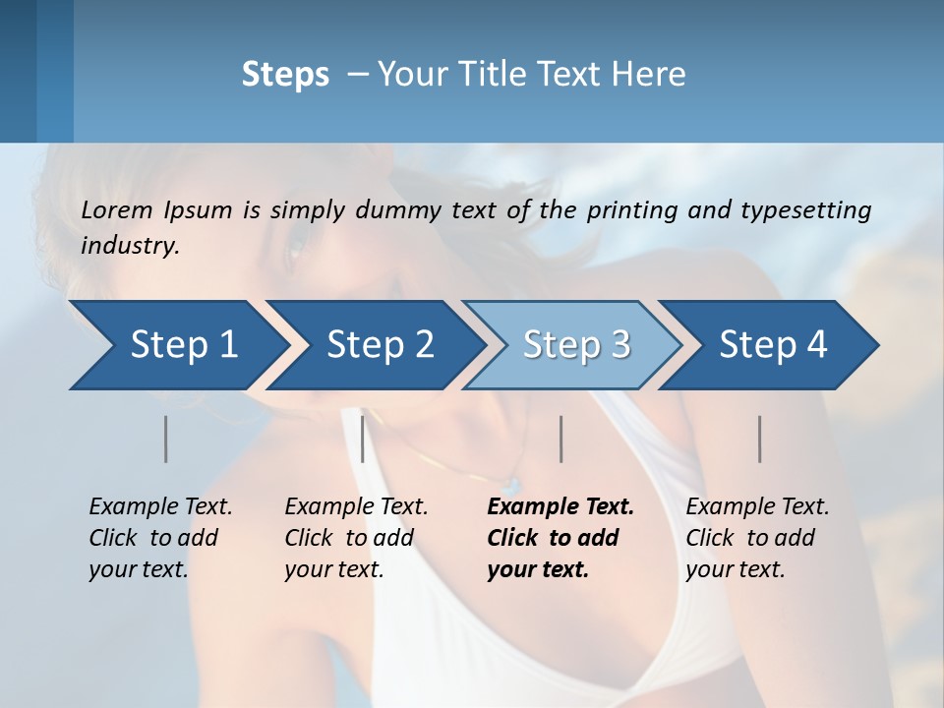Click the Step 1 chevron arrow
177,345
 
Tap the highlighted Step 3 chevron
575,345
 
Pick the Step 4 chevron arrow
772,345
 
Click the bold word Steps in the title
285,75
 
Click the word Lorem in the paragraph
117,210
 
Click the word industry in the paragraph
130,245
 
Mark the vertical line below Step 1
165,439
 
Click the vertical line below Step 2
363,439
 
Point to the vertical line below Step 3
560,439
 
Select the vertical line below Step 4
759,439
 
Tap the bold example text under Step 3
560,538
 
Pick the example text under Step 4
757,538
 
